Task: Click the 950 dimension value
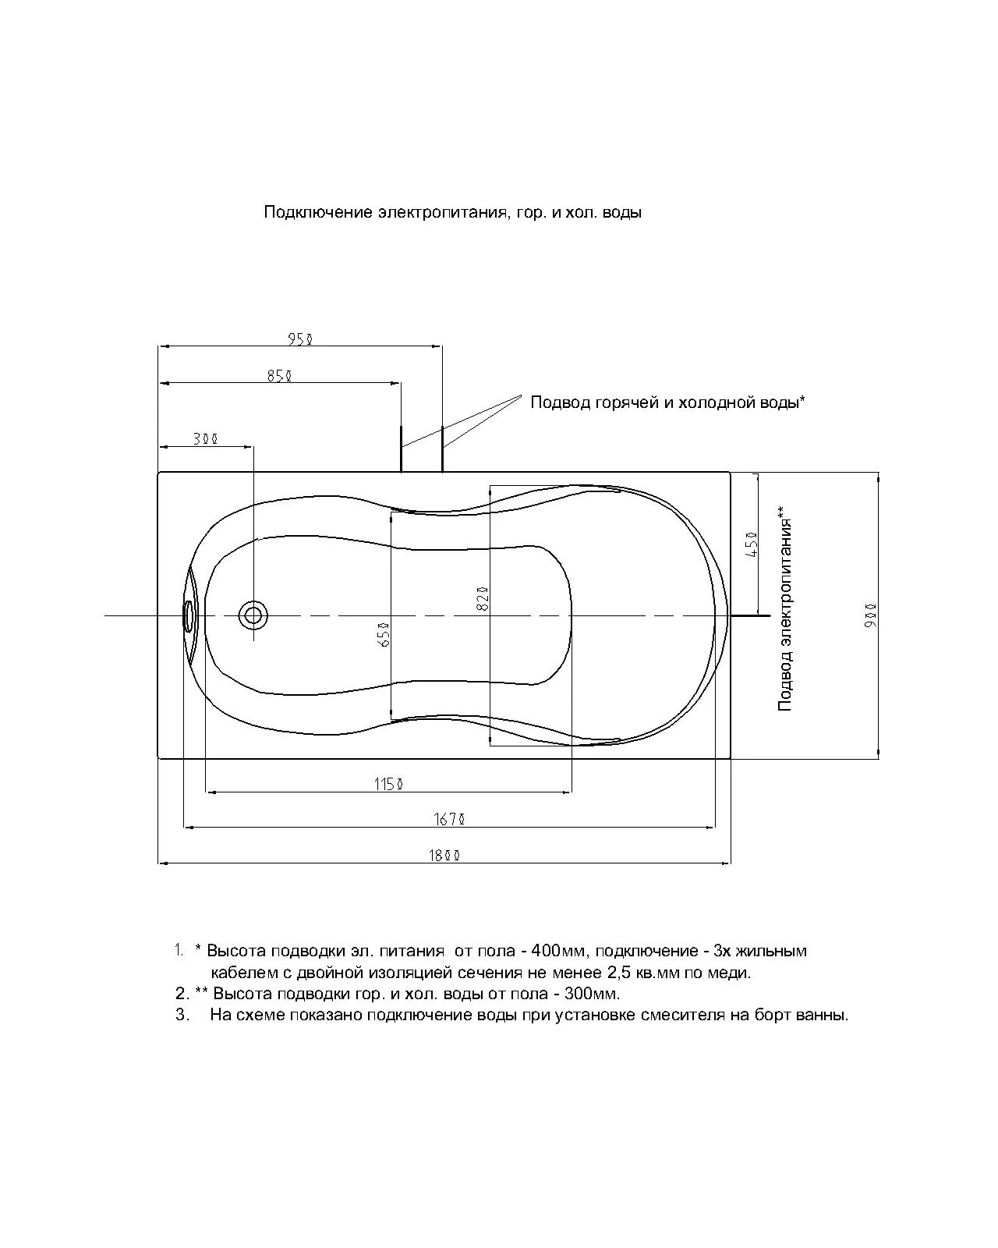(x=300, y=339)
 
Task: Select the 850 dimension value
(x=280, y=376)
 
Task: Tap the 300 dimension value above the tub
(x=206, y=439)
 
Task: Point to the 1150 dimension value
(x=388, y=784)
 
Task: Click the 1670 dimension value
(x=450, y=819)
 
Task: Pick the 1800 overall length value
(x=444, y=855)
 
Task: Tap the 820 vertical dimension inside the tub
(x=483, y=598)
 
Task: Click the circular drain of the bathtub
(x=253, y=615)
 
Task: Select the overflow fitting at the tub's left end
(x=188, y=615)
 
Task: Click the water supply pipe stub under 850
(x=402, y=448)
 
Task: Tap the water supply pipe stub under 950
(x=442, y=448)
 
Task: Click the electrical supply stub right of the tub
(x=751, y=615)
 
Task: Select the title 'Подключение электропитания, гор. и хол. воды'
(x=452, y=212)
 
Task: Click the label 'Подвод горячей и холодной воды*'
(x=667, y=402)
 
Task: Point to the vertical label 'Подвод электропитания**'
(x=784, y=608)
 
